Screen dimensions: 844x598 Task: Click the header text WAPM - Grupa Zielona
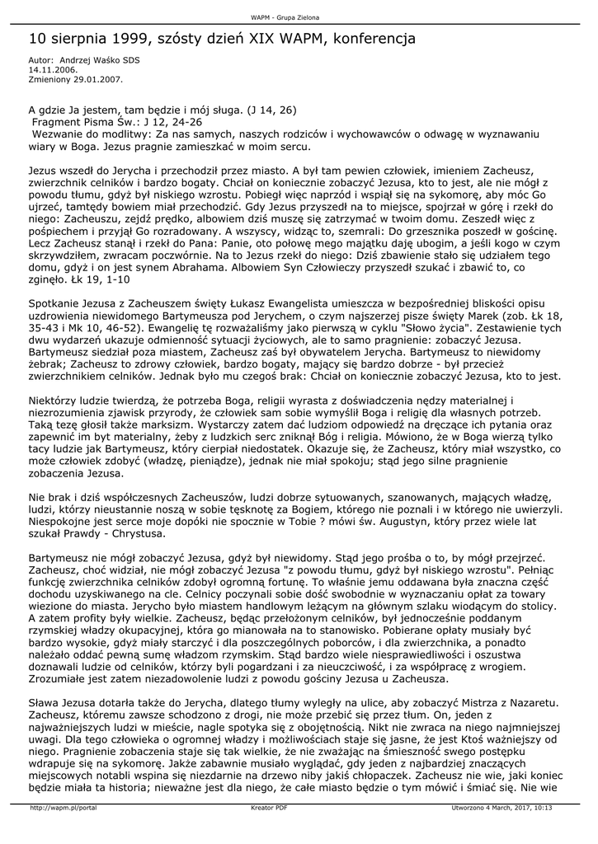(x=285, y=16)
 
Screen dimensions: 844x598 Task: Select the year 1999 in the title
(x=112, y=39)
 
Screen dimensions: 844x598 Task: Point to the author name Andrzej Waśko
(x=92, y=60)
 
